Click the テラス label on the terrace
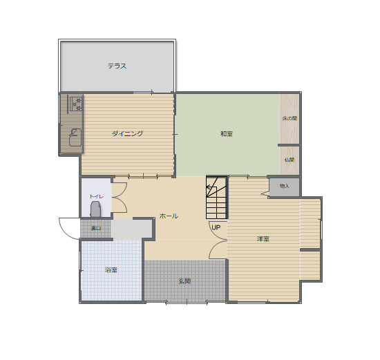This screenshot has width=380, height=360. (x=117, y=66)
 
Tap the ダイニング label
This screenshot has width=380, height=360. (x=127, y=133)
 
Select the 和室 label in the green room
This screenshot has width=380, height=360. (x=227, y=133)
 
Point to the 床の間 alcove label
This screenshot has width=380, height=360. (x=289, y=118)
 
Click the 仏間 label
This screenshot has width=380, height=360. (x=289, y=160)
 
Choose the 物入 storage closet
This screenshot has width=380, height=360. (x=284, y=187)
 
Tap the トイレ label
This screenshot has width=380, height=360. (x=96, y=196)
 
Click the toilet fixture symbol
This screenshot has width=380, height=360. (x=96, y=209)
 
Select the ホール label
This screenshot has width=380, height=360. (x=169, y=216)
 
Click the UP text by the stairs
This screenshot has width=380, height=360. (x=216, y=227)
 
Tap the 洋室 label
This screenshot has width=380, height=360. (x=263, y=238)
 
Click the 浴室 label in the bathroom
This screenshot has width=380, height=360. (x=111, y=269)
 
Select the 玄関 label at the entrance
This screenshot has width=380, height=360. (x=184, y=281)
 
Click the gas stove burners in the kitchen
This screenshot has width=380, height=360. (x=75, y=104)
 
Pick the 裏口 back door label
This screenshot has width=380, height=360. (x=96, y=227)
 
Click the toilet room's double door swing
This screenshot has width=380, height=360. (x=119, y=197)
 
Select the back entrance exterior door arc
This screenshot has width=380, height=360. (x=69, y=227)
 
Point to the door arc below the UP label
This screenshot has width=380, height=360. (x=218, y=249)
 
